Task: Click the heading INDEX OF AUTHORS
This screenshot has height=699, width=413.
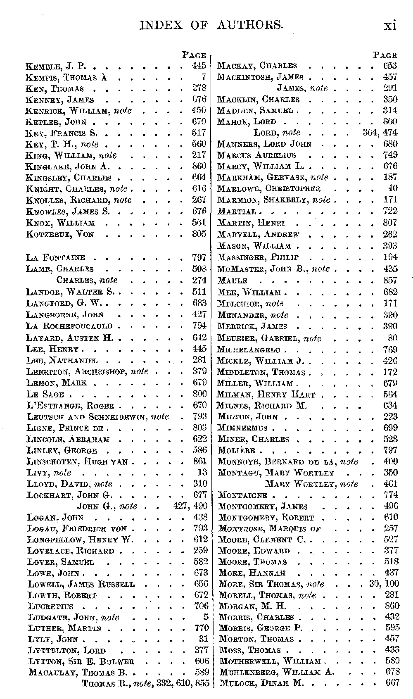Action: click(x=212, y=25)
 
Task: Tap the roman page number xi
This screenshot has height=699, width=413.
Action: click(x=390, y=25)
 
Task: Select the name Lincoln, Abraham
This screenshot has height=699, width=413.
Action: click(x=68, y=439)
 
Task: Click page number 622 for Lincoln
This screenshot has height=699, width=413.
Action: click(x=199, y=439)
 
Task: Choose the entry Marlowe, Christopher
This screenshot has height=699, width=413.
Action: click(x=269, y=188)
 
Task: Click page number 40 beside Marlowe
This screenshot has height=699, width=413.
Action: click(x=393, y=188)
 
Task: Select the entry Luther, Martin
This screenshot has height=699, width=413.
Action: click(x=64, y=628)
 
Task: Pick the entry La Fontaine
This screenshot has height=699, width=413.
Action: click(x=55, y=258)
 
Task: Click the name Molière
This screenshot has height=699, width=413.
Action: click(x=236, y=450)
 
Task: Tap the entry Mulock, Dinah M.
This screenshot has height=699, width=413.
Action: click(x=261, y=683)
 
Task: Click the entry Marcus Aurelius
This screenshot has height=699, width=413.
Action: click(x=256, y=155)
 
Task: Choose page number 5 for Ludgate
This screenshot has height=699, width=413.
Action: click(x=205, y=617)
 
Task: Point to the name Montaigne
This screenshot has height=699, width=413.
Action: click(x=242, y=495)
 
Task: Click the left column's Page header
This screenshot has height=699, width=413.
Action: click(x=194, y=55)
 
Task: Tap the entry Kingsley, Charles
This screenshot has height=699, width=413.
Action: click(x=68, y=178)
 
